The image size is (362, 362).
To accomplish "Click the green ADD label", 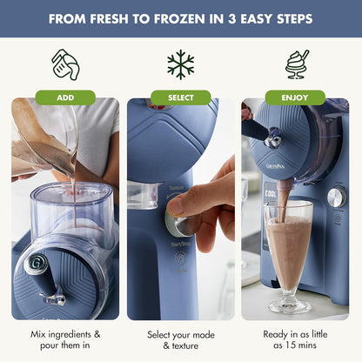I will coord(64,97).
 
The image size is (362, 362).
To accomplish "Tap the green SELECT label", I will coord(181,97).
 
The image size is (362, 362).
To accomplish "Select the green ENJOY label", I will coord(296,97).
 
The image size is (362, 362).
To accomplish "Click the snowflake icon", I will coord(181,64).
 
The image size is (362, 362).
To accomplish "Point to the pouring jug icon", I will coord(64,64).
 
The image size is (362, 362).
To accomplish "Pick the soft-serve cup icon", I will coord(297,64).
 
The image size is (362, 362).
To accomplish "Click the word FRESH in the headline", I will coord(114,18).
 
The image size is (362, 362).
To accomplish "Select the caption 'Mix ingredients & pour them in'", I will coord(64,339).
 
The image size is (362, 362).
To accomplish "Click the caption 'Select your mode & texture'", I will coord(181,339).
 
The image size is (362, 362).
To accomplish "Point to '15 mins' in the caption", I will coord(296,345).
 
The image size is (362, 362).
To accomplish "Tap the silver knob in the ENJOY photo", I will coord(335,198).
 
